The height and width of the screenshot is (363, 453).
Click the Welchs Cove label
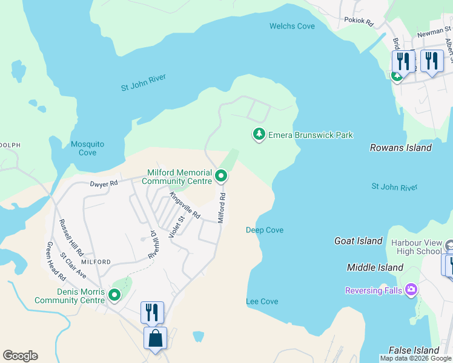(x=292, y=26)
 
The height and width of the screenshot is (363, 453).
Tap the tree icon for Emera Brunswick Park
(x=259, y=134)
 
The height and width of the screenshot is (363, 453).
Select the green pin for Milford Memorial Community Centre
(x=221, y=177)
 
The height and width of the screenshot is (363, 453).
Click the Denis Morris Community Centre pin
(x=113, y=295)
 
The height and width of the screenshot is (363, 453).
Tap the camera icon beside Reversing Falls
(x=412, y=290)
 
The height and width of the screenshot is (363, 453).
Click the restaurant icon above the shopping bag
(x=152, y=312)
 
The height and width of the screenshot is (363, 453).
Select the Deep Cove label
(x=265, y=230)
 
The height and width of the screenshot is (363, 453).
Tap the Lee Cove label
(x=262, y=301)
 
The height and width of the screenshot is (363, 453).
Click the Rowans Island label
(x=400, y=148)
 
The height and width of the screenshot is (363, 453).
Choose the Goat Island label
(x=359, y=241)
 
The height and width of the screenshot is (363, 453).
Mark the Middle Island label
(x=375, y=267)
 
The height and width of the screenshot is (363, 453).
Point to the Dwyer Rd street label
(x=104, y=183)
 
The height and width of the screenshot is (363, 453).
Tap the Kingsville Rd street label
(x=184, y=206)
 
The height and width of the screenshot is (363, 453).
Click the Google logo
(x=20, y=356)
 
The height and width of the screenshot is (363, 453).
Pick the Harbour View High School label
(x=416, y=247)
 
